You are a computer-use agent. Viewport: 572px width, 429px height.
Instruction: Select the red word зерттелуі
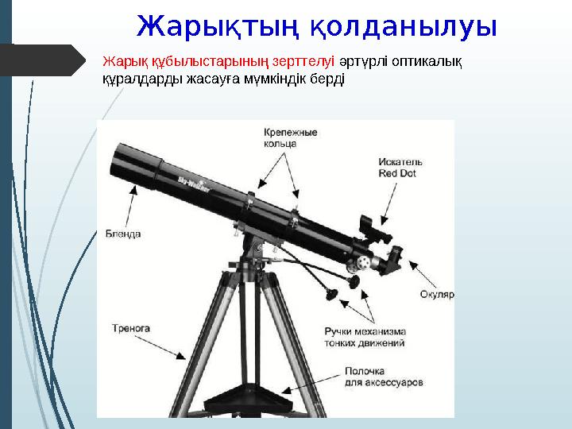pos(304,60)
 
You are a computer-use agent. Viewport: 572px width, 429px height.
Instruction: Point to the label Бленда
pos(123,234)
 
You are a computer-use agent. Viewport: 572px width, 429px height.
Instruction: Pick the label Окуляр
pos(436,294)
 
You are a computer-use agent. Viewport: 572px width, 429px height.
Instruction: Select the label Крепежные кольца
pos(290,137)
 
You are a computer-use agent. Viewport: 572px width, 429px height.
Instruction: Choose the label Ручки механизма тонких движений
pos(365,337)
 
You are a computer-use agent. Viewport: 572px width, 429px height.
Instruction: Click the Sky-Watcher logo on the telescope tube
pos(194,182)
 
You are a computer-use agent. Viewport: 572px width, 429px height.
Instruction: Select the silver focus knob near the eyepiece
pos(363,261)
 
